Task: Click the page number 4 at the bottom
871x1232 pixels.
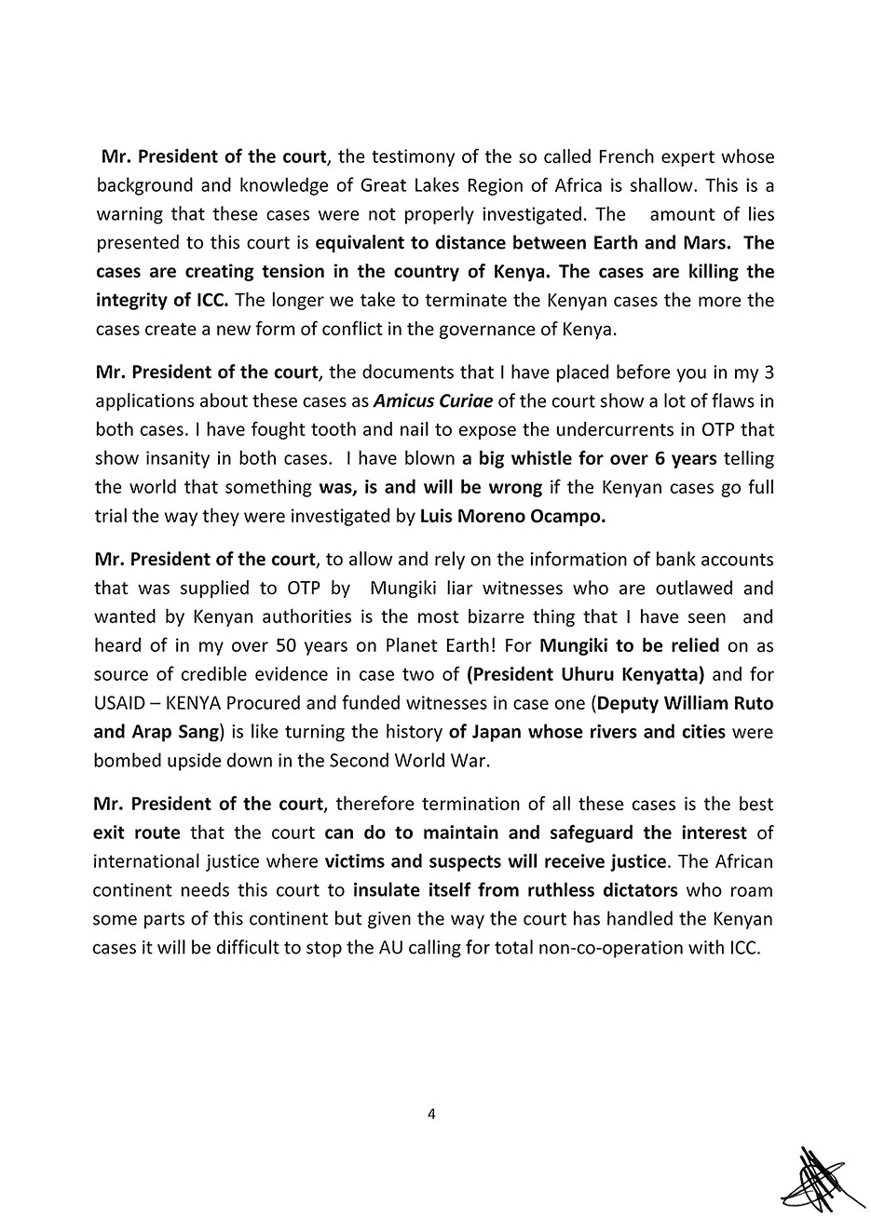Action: [x=431, y=1115]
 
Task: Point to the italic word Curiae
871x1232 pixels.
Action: [x=461, y=401]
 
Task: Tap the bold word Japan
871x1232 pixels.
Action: [x=498, y=732]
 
